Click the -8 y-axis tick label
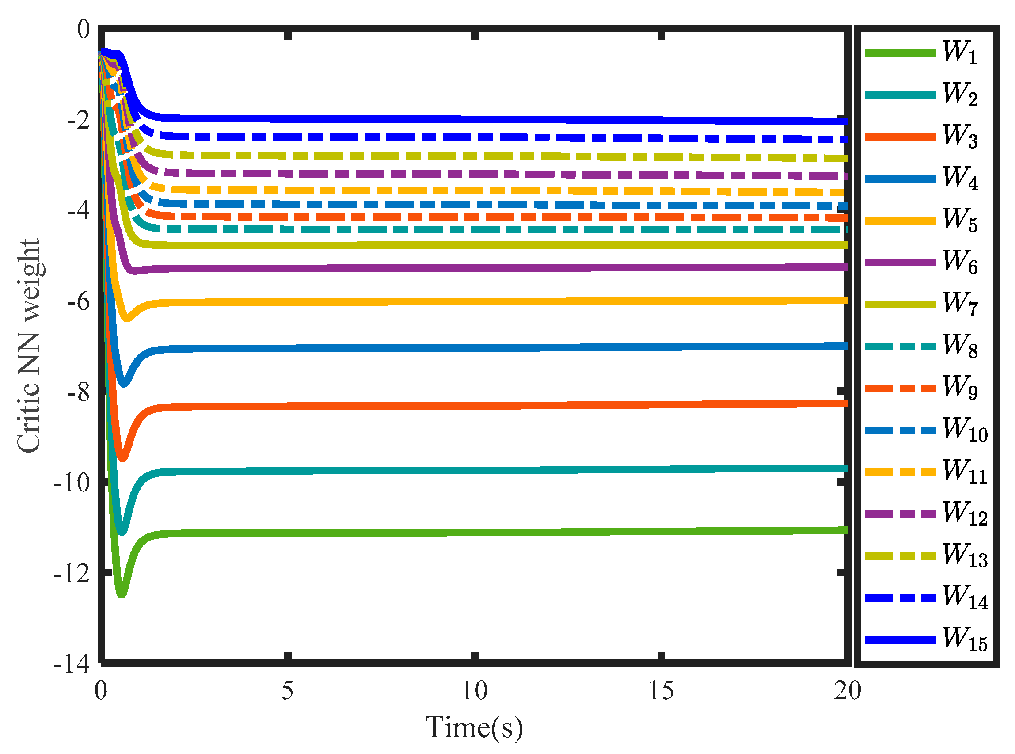point(78,392)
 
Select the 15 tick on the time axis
point(661,690)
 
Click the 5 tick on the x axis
point(287,690)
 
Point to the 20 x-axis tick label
point(848,690)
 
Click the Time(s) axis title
point(474,727)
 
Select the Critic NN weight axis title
point(29,346)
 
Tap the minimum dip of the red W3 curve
point(122,457)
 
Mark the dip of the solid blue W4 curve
point(124,382)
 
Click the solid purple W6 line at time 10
point(474,268)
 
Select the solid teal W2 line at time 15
point(661,470)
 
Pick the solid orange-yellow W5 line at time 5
point(287,303)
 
